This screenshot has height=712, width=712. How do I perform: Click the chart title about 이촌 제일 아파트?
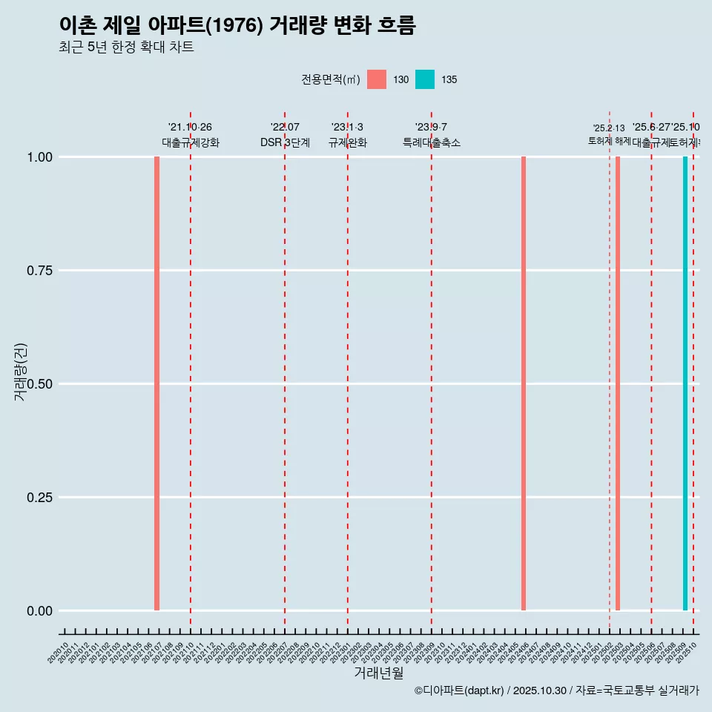pos(237,25)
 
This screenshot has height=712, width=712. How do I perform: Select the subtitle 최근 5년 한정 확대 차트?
pos(126,47)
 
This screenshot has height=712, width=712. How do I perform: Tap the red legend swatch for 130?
pos(377,79)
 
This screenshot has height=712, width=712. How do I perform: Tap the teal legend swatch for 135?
pos(425,79)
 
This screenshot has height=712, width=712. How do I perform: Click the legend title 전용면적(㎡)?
pos(331,79)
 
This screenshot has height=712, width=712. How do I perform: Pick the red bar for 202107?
pos(157,383)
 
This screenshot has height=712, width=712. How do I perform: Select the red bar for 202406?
pos(524,383)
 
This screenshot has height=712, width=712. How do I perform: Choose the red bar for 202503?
pos(618,383)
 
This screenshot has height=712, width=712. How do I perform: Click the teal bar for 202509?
pos(685,383)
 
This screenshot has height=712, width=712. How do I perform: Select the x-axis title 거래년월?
pos(379,673)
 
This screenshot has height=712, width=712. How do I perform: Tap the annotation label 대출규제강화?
pos(191,142)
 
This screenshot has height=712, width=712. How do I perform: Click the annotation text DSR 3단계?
pos(285,142)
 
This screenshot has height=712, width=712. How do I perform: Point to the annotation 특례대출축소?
pos(432,142)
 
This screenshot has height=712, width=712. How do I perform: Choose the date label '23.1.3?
pos(347,128)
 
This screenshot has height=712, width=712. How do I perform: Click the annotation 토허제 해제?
pos(610,140)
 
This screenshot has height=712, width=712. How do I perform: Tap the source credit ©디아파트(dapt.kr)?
pos(459,690)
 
